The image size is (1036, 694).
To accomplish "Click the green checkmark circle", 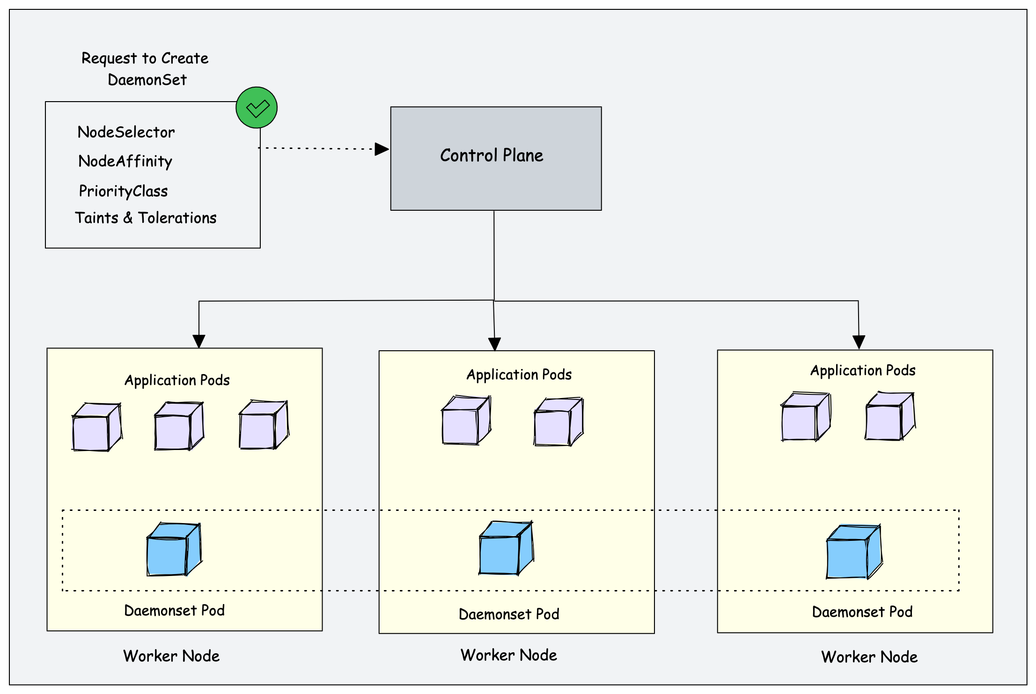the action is [x=257, y=108].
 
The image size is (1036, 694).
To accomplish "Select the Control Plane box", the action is [x=496, y=158].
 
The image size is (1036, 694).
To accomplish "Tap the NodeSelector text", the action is [x=126, y=133].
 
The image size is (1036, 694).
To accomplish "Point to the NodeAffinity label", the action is [x=125, y=162].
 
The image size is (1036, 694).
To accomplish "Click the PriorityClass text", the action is [x=123, y=191].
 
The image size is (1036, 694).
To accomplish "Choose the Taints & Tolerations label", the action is [x=146, y=218].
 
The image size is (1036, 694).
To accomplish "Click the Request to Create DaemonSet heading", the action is [x=145, y=69].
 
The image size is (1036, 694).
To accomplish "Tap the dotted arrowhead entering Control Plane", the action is [x=382, y=149].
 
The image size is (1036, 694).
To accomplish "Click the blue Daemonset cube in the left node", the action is [x=174, y=550].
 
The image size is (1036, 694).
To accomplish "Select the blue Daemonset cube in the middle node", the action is [x=506, y=548].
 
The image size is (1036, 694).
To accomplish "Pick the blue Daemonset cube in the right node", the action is [x=854, y=552].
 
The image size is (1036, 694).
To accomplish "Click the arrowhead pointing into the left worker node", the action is [x=199, y=341].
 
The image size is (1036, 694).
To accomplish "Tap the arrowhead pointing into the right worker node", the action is [x=859, y=342].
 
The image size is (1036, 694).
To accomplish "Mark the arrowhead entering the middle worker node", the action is [x=494, y=344].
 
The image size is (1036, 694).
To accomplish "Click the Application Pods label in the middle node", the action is [x=519, y=375].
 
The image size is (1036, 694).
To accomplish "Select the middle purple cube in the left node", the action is [x=179, y=426].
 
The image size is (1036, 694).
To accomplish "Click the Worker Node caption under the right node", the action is [x=869, y=657].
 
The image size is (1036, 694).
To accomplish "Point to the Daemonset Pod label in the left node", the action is [x=174, y=611].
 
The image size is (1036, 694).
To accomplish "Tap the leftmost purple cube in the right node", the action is [x=805, y=417].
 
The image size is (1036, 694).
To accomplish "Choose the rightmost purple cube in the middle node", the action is [x=558, y=422].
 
